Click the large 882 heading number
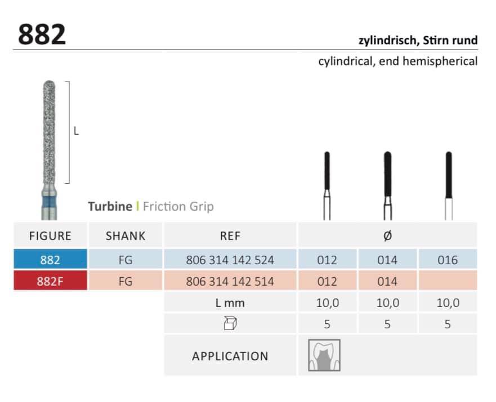42,34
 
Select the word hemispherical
440,61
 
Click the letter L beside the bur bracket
76,131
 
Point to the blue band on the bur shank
49,202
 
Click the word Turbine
110,206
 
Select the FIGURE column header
50,236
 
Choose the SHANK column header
125,236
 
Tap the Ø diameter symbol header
387,236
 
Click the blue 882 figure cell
50,260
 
